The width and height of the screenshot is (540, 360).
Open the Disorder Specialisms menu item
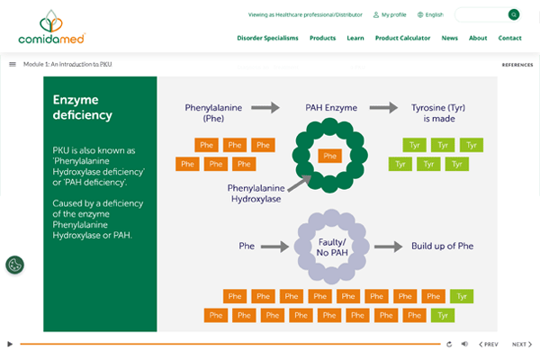click(x=267, y=38)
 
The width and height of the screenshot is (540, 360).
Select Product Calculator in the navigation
click(x=402, y=38)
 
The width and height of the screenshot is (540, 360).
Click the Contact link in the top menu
click(x=509, y=38)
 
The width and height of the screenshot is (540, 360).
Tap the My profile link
click(x=393, y=14)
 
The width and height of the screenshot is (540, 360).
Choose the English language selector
click(x=433, y=14)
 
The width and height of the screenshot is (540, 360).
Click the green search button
click(x=514, y=14)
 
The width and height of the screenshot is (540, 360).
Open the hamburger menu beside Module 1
click(x=13, y=64)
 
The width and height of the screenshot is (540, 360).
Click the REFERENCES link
click(x=517, y=65)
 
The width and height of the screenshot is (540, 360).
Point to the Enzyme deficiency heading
click(x=83, y=107)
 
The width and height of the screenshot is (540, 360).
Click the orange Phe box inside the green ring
click(x=330, y=156)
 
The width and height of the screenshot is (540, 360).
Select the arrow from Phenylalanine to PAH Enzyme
click(x=265, y=107)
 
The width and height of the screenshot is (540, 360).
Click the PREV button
click(x=488, y=344)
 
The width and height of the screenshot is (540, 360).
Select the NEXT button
click(x=520, y=344)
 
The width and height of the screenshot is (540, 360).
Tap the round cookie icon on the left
click(x=14, y=265)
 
